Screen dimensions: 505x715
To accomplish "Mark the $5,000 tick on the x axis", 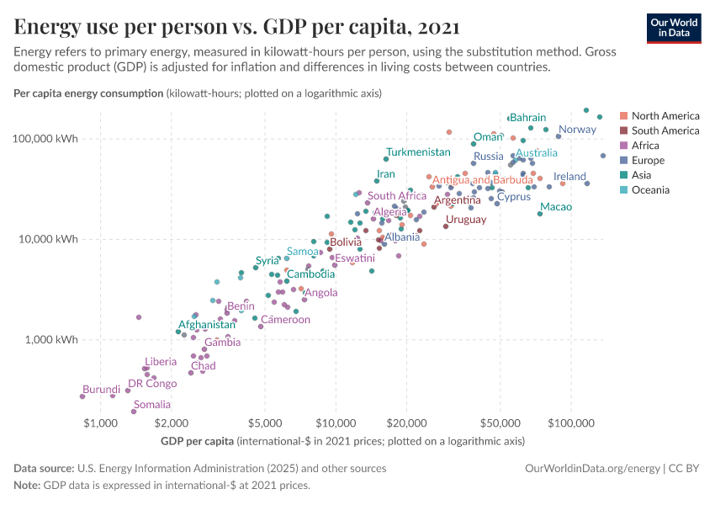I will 266,421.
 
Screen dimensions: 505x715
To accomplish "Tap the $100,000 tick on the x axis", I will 571,421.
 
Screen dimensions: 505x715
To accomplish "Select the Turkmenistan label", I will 418,152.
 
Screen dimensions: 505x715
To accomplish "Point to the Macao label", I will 555,207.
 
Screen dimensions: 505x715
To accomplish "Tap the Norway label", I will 577,130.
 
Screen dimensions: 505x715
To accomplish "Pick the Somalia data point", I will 134,412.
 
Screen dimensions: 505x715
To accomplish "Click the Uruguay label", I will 466,220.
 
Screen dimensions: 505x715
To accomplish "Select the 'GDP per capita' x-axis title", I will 195,441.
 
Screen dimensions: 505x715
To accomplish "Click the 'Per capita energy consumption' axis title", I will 88,93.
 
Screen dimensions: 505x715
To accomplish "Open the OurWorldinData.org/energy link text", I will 591,468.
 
